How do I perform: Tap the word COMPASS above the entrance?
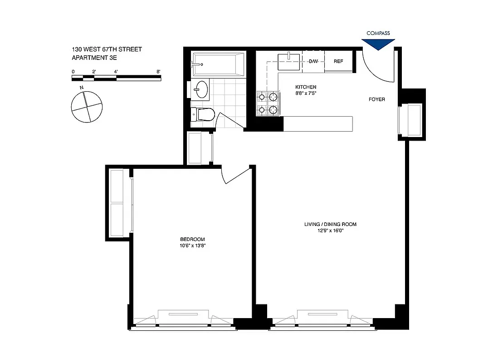tap(378, 33)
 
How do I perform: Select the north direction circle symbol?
tap(85, 107)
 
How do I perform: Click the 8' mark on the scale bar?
tap(158, 72)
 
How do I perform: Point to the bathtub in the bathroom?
tap(219, 64)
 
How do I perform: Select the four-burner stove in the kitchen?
tap(268, 103)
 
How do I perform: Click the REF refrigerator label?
tap(338, 61)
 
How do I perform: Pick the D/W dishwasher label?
tap(313, 61)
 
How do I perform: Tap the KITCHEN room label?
tap(306, 87)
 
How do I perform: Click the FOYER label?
tap(376, 99)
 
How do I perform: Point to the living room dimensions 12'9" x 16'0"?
tap(330, 231)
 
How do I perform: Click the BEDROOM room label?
tap(192, 239)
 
